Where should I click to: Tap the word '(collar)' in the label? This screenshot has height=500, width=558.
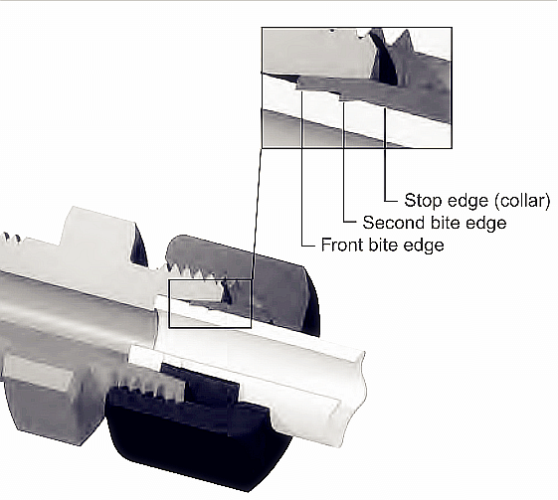click(x=515, y=201)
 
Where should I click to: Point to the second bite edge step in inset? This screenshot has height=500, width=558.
click(x=342, y=97)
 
